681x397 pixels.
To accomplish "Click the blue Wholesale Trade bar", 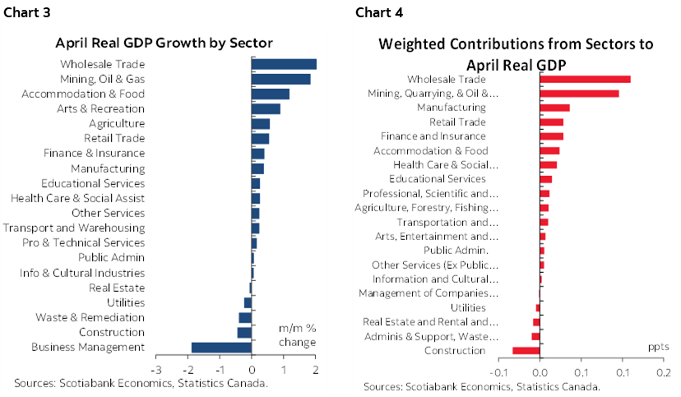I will coord(284,64).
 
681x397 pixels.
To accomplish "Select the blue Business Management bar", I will coord(221,347).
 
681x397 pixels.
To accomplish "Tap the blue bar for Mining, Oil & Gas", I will coord(280,79).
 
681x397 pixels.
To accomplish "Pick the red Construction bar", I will coord(526,351).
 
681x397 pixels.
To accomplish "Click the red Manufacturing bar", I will coord(554,108).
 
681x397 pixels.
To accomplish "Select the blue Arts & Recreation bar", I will coord(266,108).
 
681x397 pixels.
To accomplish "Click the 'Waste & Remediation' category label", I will coord(90,317).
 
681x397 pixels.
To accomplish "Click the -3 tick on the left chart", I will coord(155,367).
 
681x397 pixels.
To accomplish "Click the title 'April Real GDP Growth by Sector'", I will coord(164,43).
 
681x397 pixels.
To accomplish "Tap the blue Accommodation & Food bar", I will coord(270,94).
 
